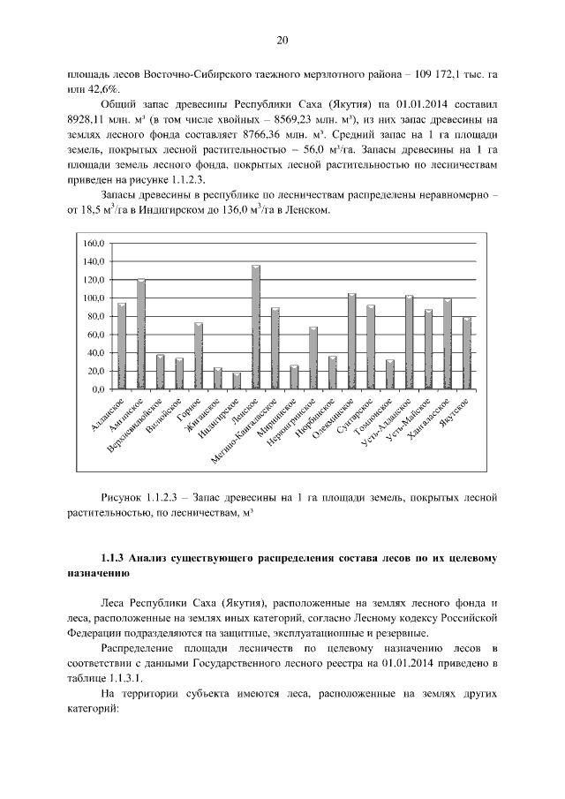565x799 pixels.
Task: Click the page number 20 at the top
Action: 282,40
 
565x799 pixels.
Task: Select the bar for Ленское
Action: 256,327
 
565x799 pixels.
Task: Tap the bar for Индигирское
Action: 237,381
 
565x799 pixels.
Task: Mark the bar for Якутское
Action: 467,353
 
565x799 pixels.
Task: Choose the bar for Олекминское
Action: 351,341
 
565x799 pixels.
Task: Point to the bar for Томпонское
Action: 389,374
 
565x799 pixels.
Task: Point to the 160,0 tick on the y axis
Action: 94,243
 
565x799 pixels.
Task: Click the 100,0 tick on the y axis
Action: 94,298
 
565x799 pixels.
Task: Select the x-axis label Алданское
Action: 109,415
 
